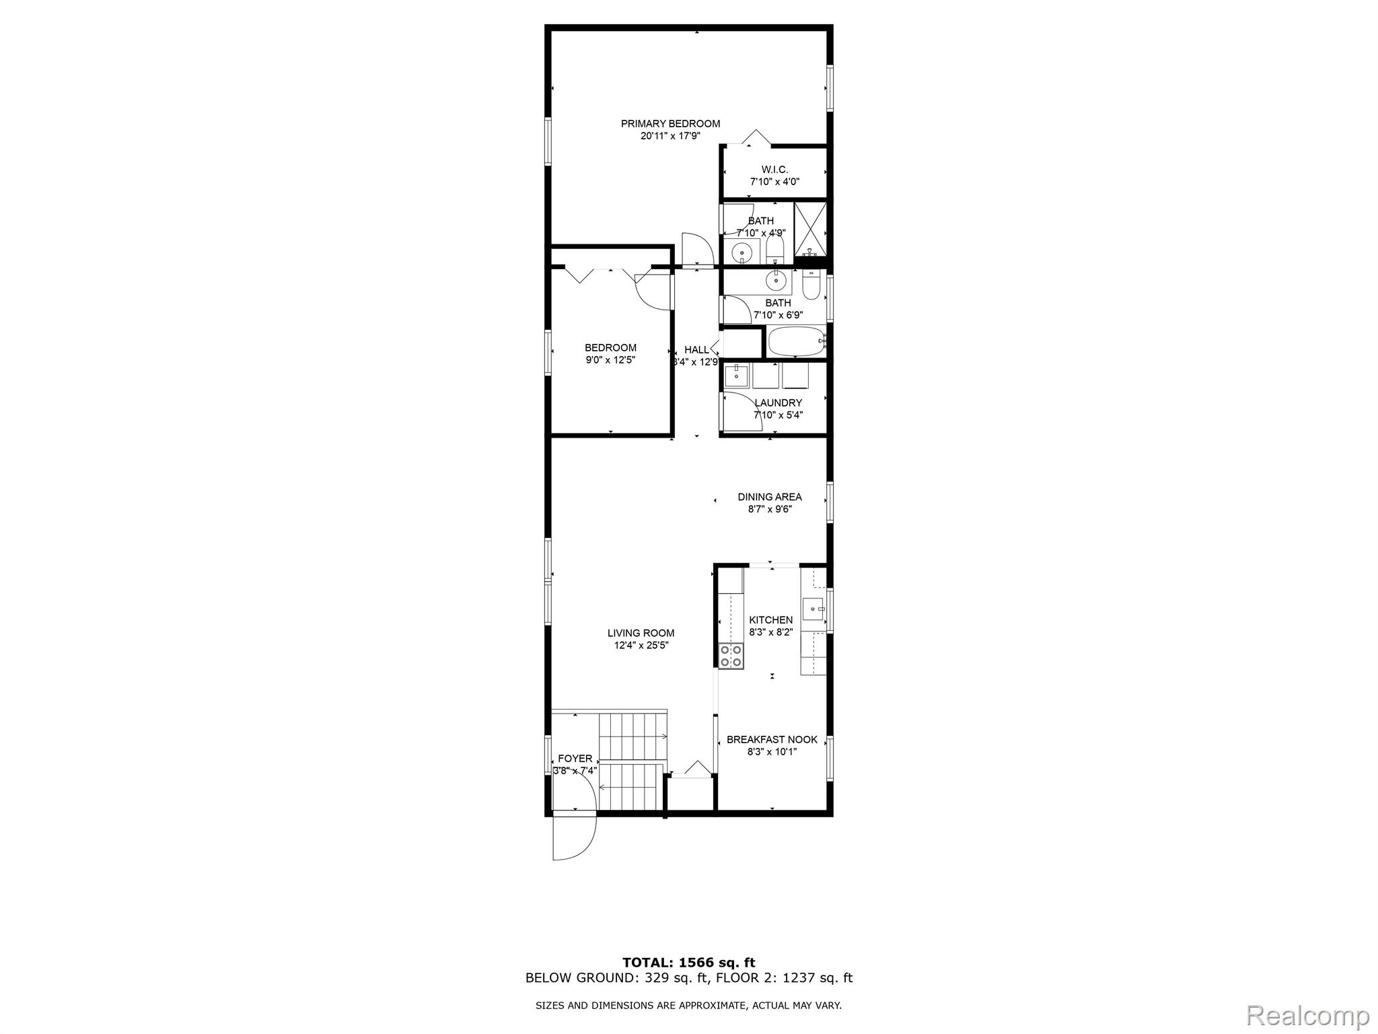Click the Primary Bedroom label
click(x=670, y=124)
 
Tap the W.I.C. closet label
click(x=774, y=170)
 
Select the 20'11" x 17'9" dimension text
click(x=670, y=136)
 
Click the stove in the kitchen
click(x=731, y=656)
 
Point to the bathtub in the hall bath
click(x=795, y=341)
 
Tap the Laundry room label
click(x=778, y=403)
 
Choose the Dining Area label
click(x=770, y=497)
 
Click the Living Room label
click(x=641, y=633)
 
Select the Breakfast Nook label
click(x=772, y=740)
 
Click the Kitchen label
click(x=771, y=620)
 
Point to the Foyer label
click(x=575, y=759)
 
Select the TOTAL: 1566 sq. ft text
click(x=688, y=963)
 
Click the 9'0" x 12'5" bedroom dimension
click(x=610, y=360)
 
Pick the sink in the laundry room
click(x=737, y=374)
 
